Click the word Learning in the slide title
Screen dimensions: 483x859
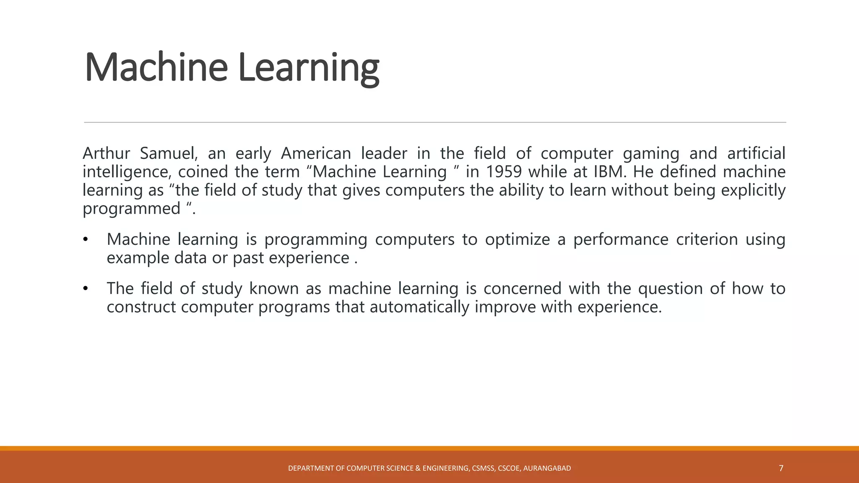tap(308, 67)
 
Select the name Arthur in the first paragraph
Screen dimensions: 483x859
tap(106, 153)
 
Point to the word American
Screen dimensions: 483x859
tap(315, 153)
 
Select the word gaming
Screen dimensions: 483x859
tap(651, 153)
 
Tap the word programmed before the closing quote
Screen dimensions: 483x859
tap(131, 209)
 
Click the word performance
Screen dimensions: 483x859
tap(620, 239)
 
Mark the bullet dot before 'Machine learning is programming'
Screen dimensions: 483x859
tap(86, 240)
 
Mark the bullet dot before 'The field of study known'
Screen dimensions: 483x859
tap(86, 289)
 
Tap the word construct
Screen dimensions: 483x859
tap(141, 307)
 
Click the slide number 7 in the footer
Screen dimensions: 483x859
tap(781, 468)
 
